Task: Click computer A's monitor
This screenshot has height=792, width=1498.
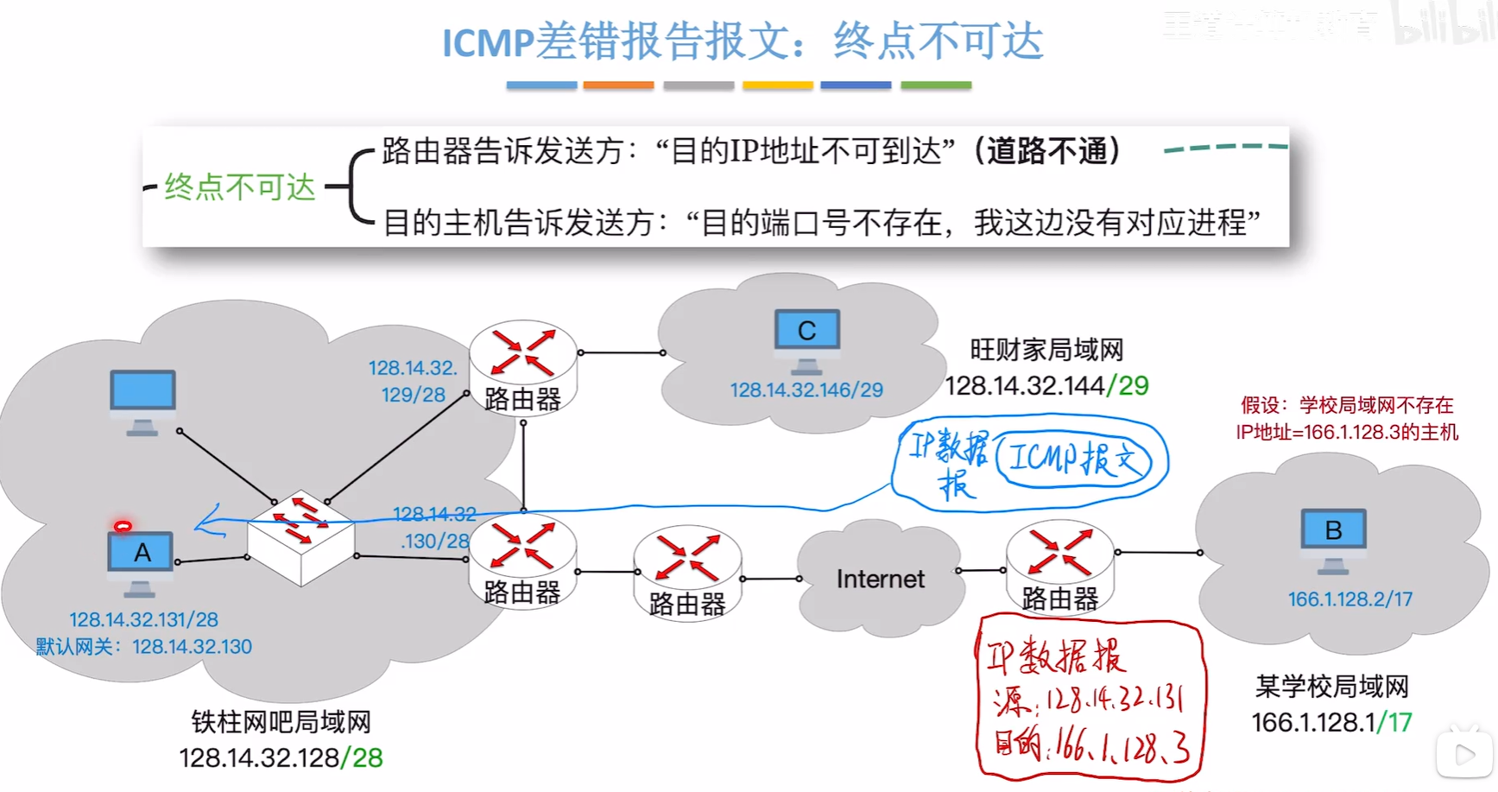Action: pos(141,553)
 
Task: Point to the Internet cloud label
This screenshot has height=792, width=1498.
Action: pos(880,579)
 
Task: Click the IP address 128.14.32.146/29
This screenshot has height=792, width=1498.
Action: pos(806,390)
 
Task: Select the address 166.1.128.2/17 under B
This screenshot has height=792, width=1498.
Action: pos(1349,599)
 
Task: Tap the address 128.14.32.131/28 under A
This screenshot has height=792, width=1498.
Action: pos(143,620)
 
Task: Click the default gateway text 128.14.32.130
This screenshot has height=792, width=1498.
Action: pos(192,647)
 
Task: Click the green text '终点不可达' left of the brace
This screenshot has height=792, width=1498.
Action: pos(240,187)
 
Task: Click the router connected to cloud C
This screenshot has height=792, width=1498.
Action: pos(522,368)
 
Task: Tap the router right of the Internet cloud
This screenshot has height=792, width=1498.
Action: pos(1059,565)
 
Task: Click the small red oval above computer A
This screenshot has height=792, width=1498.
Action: pos(123,526)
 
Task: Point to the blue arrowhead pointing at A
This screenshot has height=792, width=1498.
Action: pos(202,522)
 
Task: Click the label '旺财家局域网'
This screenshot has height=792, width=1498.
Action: pos(1046,350)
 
